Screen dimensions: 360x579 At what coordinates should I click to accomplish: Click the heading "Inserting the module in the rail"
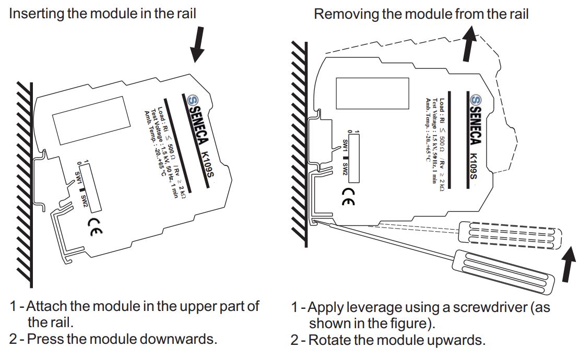click(102, 13)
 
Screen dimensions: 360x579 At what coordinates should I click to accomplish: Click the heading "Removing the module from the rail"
click(421, 14)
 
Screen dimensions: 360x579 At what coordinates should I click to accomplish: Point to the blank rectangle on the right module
click(372, 93)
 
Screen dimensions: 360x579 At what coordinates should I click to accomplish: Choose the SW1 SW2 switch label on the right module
click(346, 157)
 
